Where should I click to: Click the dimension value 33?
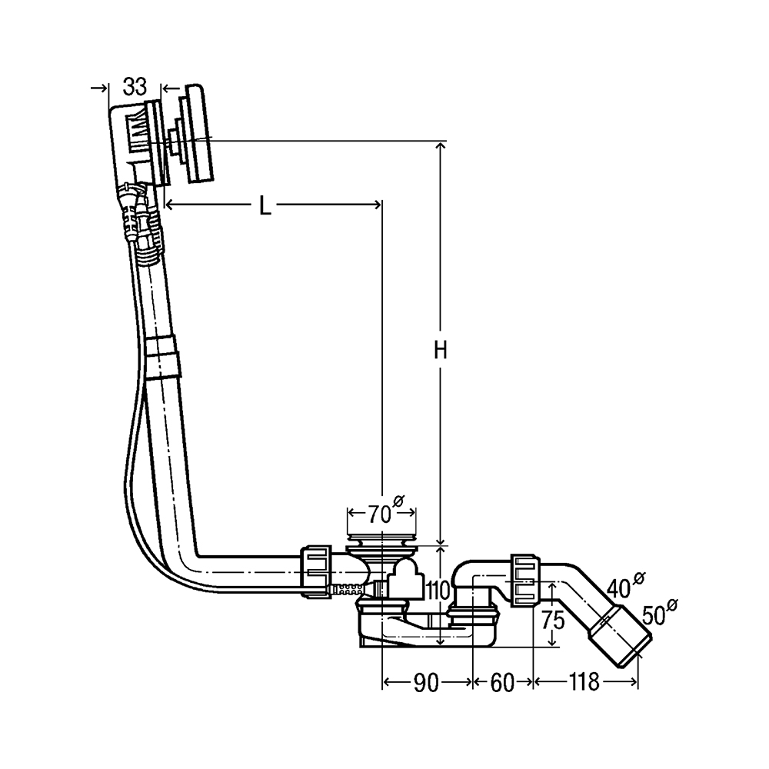[135, 87]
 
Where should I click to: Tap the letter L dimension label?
[265, 206]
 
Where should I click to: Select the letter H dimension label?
[441, 350]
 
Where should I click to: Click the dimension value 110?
[438, 591]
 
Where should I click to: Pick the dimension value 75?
[553, 621]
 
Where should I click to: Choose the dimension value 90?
[426, 683]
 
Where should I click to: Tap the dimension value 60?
[501, 683]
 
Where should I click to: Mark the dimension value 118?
[584, 681]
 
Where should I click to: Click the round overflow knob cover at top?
[199, 134]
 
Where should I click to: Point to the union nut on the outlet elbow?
[526, 580]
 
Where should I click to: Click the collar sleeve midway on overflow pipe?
[162, 357]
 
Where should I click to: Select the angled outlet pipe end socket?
[620, 636]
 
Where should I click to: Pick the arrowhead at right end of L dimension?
[377, 205]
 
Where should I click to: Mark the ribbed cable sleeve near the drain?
[348, 589]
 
